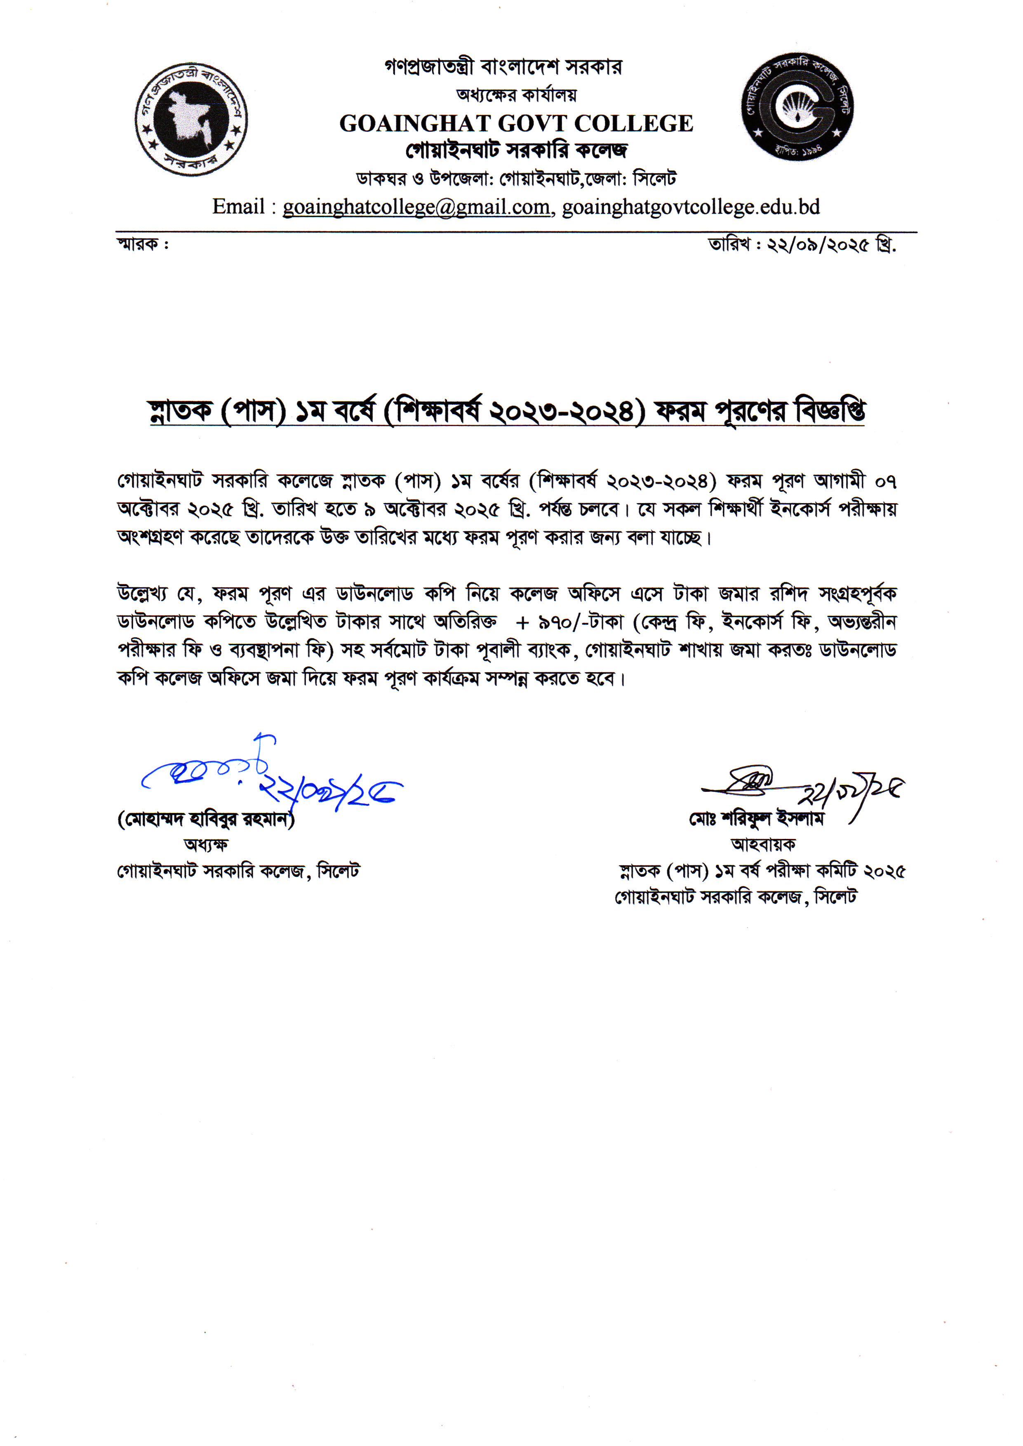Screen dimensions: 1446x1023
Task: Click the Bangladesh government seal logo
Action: click(x=191, y=119)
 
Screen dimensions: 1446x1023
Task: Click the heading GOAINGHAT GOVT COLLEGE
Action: click(x=516, y=123)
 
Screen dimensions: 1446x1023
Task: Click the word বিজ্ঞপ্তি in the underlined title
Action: click(x=830, y=412)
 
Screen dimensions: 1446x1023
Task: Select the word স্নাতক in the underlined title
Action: click(x=179, y=412)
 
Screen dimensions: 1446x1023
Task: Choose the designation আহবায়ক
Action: click(x=762, y=844)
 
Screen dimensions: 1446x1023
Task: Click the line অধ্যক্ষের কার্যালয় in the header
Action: click(x=516, y=95)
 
